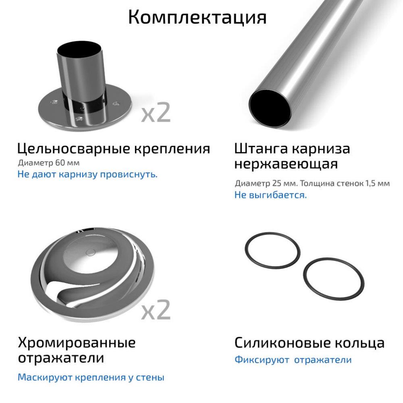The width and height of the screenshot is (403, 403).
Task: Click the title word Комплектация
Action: pyautogui.click(x=197, y=17)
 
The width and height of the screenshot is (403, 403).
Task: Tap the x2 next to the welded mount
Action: pyautogui.click(x=156, y=112)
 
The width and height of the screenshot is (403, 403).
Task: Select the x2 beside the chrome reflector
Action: pyautogui.click(x=156, y=309)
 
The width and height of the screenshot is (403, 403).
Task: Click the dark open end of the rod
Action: pyautogui.click(x=270, y=107)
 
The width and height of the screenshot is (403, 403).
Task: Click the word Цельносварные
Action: pyautogui.click(x=69, y=149)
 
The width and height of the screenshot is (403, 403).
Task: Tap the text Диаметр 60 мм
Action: pyautogui.click(x=49, y=163)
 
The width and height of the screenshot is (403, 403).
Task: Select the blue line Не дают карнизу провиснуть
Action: pyautogui.click(x=87, y=175)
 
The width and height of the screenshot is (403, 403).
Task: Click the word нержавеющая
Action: pyautogui.click(x=286, y=165)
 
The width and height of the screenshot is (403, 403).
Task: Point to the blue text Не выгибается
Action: pyautogui.click(x=270, y=195)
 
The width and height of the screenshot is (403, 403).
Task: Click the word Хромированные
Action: pyautogui.click(x=77, y=343)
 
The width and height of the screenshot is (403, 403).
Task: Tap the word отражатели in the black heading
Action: pyautogui.click(x=61, y=358)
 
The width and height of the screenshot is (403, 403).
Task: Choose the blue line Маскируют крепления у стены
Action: pyautogui.click(x=91, y=378)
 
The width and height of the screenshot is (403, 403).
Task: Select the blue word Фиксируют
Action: pyautogui.click(x=262, y=360)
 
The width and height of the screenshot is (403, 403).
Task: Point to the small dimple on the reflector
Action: pyautogui.click(x=90, y=253)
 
